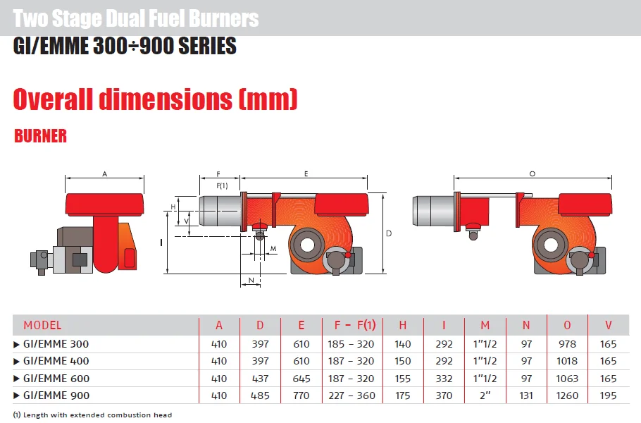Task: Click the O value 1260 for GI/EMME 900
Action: pos(567,396)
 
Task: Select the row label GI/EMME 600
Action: pos(56,379)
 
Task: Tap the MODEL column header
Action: pos(42,325)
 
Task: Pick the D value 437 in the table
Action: pos(260,379)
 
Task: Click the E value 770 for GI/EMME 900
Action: pos(301,396)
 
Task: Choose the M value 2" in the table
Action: pos(485,396)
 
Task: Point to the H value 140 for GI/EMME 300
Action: pos(403,344)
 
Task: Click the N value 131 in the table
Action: pos(526,396)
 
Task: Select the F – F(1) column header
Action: pos(350,325)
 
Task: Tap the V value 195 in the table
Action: pos(609,396)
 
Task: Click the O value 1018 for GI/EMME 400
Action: pos(567,361)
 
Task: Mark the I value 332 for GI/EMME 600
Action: pos(444,379)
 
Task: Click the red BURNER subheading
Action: pos(40,136)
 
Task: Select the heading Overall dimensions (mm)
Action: pos(155,99)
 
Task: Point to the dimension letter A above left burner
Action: pos(104,173)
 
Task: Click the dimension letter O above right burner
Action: pos(532,173)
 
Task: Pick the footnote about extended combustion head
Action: pos(92,415)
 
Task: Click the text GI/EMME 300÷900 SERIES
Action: pos(125,47)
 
